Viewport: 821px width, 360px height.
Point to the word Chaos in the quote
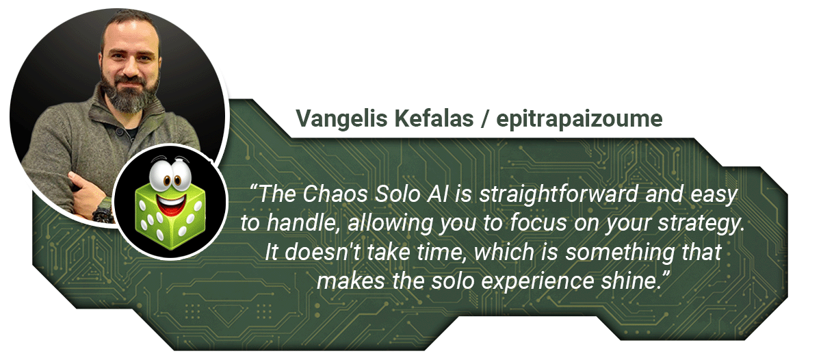tap(335, 194)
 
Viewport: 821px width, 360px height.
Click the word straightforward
tap(559, 194)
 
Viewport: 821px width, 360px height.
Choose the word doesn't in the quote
tap(322, 253)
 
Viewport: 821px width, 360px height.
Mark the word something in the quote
tap(620, 253)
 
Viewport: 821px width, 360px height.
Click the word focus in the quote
tap(538, 223)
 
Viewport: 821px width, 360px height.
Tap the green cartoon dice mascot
tap(170, 203)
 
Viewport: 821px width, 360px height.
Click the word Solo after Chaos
tap(398, 194)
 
